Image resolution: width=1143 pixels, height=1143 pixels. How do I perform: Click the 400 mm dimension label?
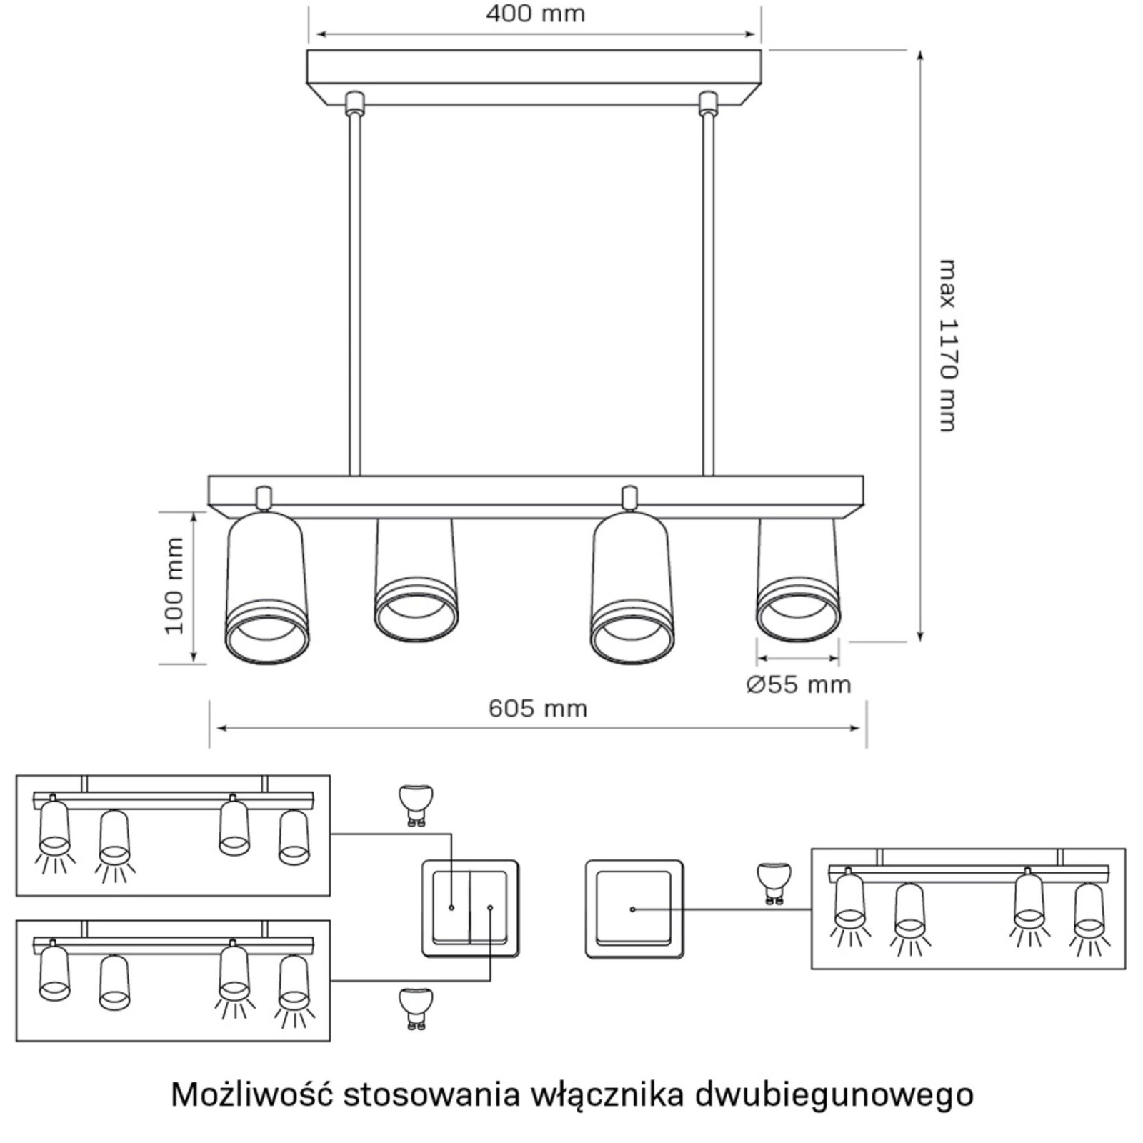pyautogui.click(x=535, y=14)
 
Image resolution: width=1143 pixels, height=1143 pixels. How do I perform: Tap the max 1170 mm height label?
pyautogui.click(x=947, y=346)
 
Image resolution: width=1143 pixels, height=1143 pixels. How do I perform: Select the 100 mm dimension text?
pyautogui.click(x=175, y=586)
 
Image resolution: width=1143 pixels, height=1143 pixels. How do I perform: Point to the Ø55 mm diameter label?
pyautogui.click(x=799, y=684)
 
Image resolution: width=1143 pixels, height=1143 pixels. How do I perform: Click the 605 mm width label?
pyautogui.click(x=537, y=709)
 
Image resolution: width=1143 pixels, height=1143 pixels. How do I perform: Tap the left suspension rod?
pyautogui.click(x=354, y=293)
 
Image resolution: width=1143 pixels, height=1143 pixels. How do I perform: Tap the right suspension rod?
pyautogui.click(x=708, y=293)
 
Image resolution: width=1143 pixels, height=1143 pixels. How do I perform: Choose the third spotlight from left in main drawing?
pyautogui.click(x=632, y=589)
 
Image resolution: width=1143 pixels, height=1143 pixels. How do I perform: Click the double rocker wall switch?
pyautogui.click(x=470, y=909)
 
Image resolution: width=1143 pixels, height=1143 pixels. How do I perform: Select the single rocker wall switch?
pyautogui.click(x=634, y=909)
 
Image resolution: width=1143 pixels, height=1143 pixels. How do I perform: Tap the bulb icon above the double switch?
pyautogui.click(x=416, y=804)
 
